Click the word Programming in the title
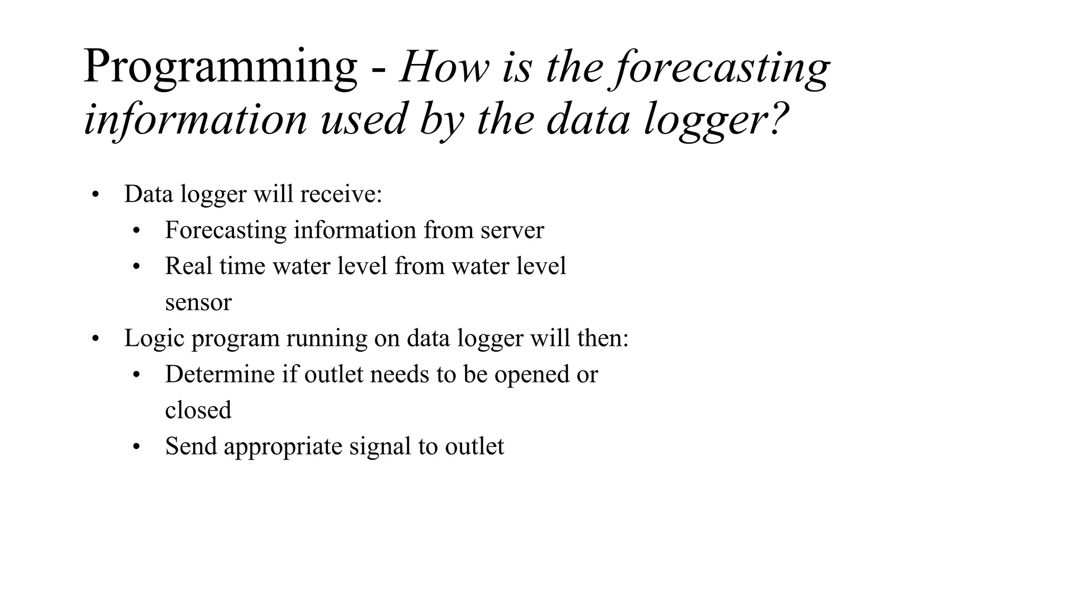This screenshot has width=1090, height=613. pyautogui.click(x=220, y=68)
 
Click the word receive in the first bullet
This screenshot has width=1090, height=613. pyautogui.click(x=341, y=194)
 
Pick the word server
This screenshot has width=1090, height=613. pyautogui.click(x=512, y=230)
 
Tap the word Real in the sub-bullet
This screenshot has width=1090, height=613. pyautogui.click(x=188, y=266)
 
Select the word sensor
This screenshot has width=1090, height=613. pyautogui.click(x=198, y=302)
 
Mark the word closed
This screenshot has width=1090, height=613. pyautogui.click(x=198, y=410)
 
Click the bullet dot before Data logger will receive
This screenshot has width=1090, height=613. pyautogui.click(x=95, y=195)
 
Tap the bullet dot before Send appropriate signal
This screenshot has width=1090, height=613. pyautogui.click(x=136, y=447)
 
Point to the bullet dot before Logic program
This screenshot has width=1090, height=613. pyautogui.click(x=95, y=339)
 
